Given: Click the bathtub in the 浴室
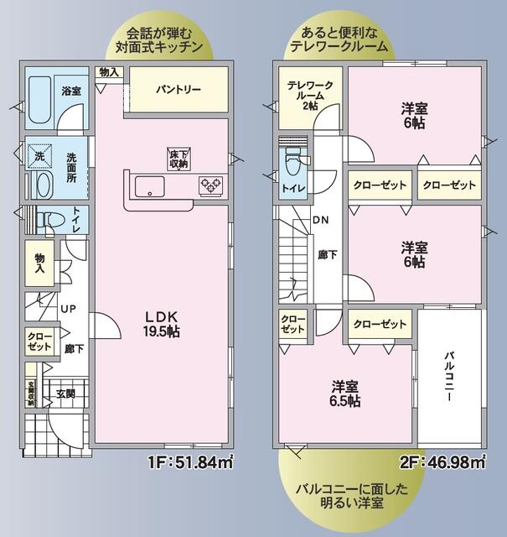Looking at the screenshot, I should point(39,100).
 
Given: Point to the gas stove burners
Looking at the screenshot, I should point(210,185).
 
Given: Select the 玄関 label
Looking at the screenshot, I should point(66,393).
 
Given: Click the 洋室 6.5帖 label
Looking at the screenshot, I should point(345,394).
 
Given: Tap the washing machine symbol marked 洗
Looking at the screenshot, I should point(39,156).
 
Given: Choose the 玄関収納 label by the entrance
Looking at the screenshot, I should point(31,393).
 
